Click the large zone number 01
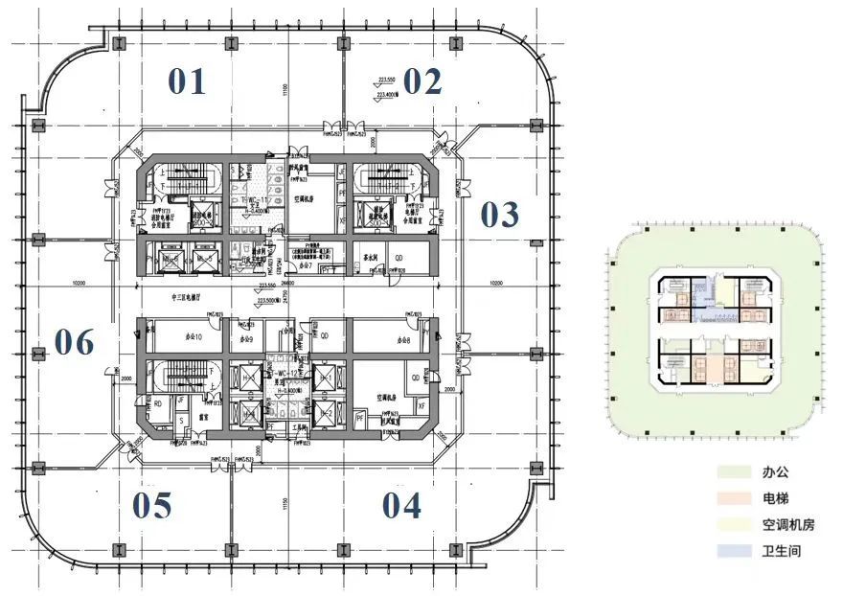click(x=187, y=82)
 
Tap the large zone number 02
click(x=421, y=81)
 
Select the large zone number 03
click(x=499, y=215)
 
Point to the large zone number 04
click(x=401, y=505)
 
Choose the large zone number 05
click(x=152, y=505)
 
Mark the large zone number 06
click(x=74, y=341)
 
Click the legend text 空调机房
click(x=788, y=524)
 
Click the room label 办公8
click(x=402, y=340)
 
